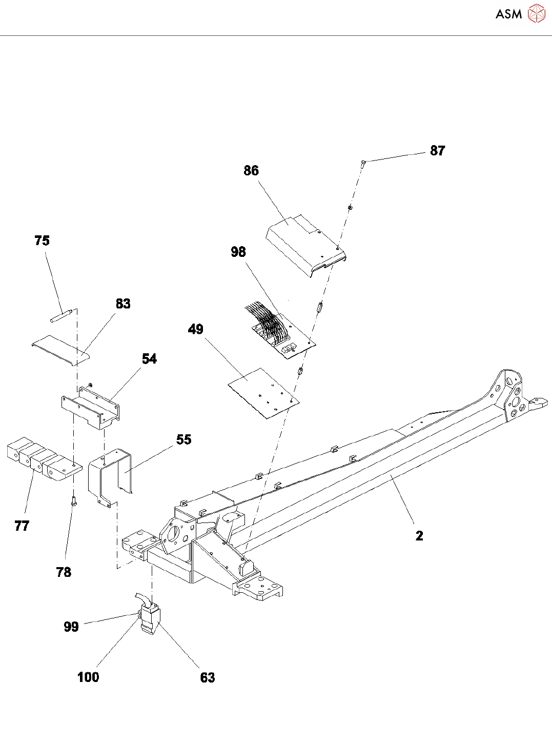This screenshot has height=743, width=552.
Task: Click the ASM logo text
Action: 508,14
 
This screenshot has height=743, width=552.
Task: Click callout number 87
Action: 437,150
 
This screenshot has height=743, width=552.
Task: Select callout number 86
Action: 251,171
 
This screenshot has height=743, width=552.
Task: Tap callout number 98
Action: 238,252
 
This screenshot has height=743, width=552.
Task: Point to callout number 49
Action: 196,329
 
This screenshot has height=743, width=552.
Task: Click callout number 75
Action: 42,240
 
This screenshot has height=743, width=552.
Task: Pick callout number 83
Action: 123,304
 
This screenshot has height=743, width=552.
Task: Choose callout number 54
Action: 149,359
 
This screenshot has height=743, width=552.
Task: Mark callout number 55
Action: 183,439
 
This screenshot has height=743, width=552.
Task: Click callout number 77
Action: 22,526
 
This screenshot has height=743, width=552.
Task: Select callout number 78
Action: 64,572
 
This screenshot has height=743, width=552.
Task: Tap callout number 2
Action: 419,536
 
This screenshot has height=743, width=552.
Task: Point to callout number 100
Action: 88,677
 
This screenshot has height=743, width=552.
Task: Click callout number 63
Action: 208,678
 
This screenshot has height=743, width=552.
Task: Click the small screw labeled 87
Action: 363,163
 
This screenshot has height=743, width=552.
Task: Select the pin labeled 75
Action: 60,315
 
